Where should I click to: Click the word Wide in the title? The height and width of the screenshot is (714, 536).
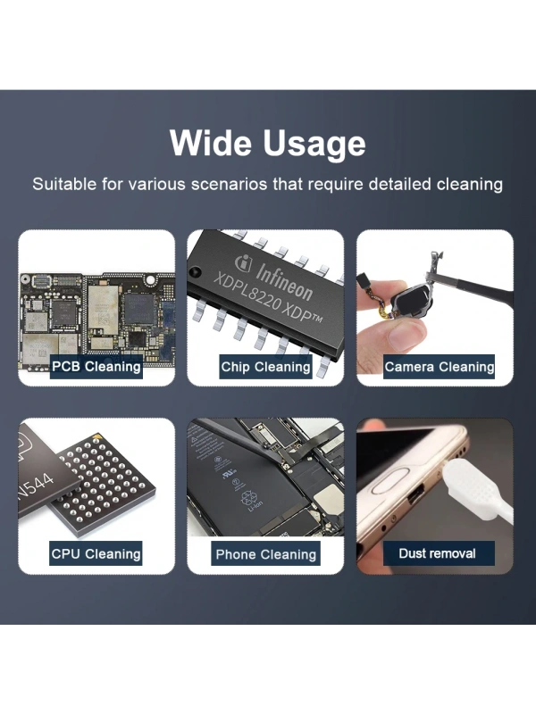click(x=211, y=143)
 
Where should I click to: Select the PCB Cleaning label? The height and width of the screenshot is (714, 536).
click(x=96, y=367)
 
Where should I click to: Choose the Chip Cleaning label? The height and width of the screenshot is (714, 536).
click(x=265, y=367)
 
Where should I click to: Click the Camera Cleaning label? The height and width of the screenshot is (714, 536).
click(x=440, y=367)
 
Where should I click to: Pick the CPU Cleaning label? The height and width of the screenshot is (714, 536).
click(x=96, y=553)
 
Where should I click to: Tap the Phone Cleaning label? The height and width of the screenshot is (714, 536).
click(x=265, y=553)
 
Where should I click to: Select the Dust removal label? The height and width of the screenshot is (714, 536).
click(x=438, y=553)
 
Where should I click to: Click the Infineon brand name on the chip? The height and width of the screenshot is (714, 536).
click(x=284, y=281)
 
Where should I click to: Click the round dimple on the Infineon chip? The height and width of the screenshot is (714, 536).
click(x=197, y=273)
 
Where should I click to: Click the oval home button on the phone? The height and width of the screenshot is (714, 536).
click(x=393, y=486)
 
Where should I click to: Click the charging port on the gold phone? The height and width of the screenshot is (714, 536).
click(x=415, y=494)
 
